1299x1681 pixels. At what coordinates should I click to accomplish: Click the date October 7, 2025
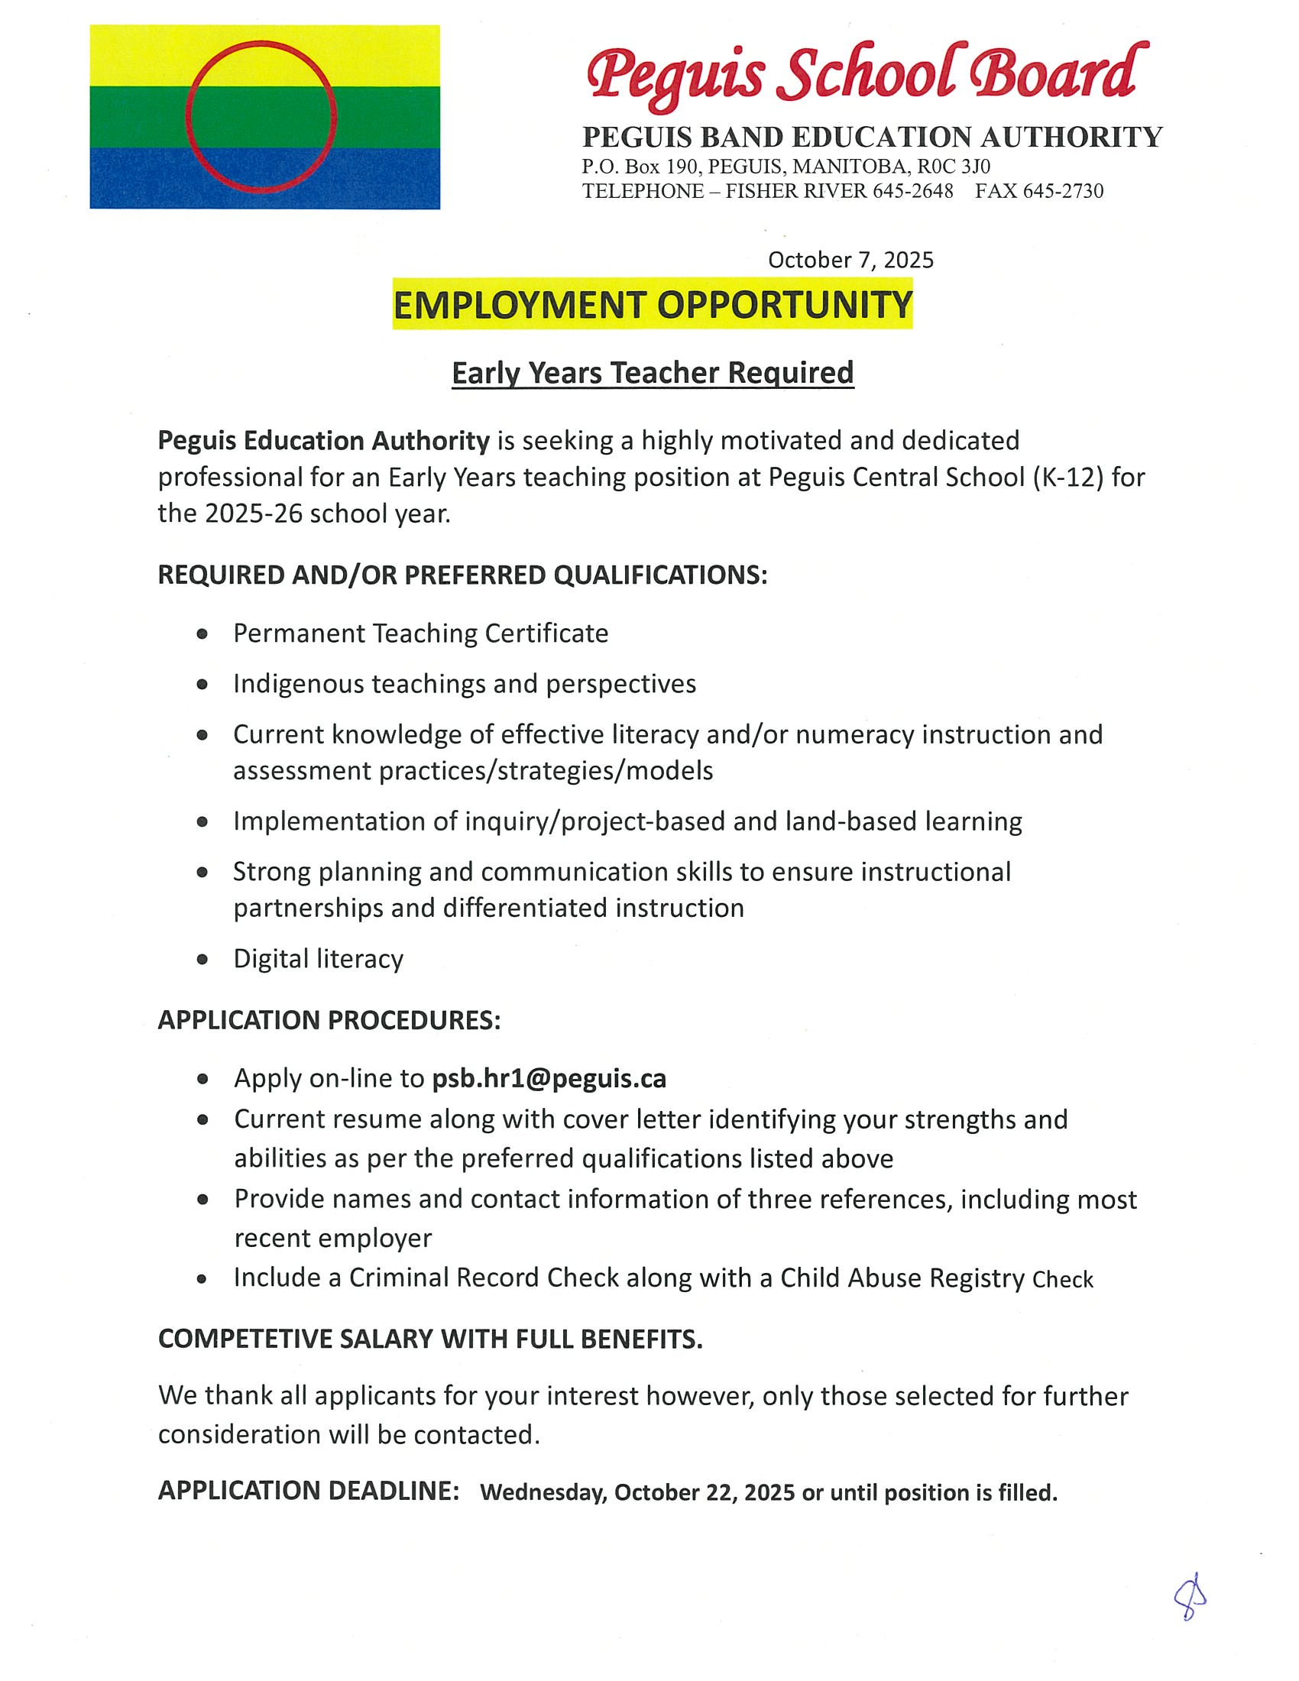coord(850,260)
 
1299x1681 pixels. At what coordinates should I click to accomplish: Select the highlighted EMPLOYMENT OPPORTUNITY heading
coord(653,305)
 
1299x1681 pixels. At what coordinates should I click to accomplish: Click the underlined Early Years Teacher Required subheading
coord(653,373)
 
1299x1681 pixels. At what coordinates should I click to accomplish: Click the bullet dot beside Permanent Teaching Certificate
coord(202,634)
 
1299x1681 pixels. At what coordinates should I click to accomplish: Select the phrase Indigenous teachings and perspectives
coord(465,685)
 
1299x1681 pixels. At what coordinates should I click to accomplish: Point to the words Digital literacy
coord(319,959)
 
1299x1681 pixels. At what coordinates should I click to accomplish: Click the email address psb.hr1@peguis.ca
coord(549,1079)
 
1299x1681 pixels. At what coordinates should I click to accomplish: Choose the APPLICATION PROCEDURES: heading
coord(329,1020)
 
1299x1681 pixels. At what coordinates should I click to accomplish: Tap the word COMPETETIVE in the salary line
coord(245,1339)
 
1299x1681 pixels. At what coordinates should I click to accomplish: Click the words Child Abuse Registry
coord(902,1278)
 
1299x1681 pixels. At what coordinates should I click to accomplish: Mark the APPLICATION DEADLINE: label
coord(309,1491)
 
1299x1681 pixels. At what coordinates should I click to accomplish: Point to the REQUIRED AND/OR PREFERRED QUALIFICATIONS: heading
coord(462,575)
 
